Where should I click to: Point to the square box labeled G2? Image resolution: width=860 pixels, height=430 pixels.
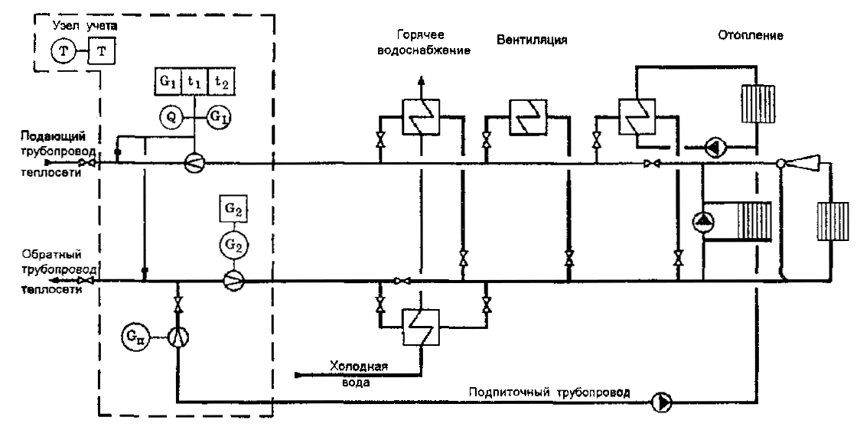pyautogui.click(x=233, y=208)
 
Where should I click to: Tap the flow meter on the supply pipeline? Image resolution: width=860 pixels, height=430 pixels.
pyautogui.click(x=195, y=163)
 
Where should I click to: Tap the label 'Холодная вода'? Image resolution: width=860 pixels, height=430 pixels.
pyautogui.click(x=359, y=373)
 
